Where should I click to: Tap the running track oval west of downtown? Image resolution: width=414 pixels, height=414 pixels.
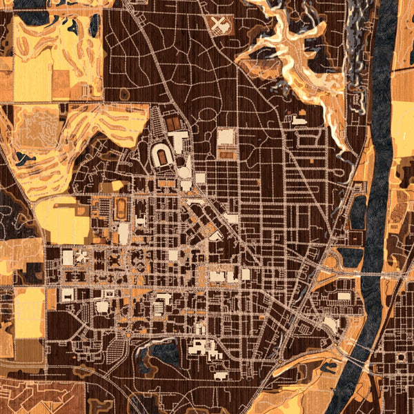(121, 206)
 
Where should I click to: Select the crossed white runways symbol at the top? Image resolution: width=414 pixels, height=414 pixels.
(219, 26)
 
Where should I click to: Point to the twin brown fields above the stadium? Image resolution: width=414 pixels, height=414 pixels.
(172, 124)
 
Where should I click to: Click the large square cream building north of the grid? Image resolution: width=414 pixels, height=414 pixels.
(226, 137)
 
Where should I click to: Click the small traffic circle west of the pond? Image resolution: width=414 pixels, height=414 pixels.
(128, 337)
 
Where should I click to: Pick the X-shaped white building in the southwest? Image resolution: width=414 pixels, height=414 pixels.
(81, 257)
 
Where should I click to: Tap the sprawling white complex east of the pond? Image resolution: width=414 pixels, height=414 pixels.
(204, 348)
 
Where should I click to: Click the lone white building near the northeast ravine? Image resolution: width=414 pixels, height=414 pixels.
(299, 119)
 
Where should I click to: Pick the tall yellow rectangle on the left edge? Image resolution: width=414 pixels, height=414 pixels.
(28, 312)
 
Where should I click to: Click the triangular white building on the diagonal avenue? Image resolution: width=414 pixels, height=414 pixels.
(216, 235)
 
